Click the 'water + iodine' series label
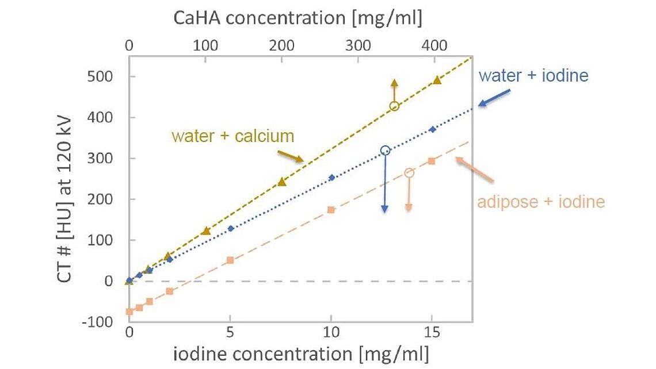pos(533,75)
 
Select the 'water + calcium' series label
pos(232,136)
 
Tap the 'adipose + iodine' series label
pos(541,202)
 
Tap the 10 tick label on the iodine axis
pos(330,332)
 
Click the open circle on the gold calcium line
pos(394,106)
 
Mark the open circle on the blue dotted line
pos(385,151)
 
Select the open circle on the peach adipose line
pos(409,173)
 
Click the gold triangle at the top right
pos(437,80)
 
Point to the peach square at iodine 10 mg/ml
pos(331,210)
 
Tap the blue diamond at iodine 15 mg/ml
pos(433,129)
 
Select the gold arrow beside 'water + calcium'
pos(291,156)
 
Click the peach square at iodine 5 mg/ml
pos(230,260)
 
